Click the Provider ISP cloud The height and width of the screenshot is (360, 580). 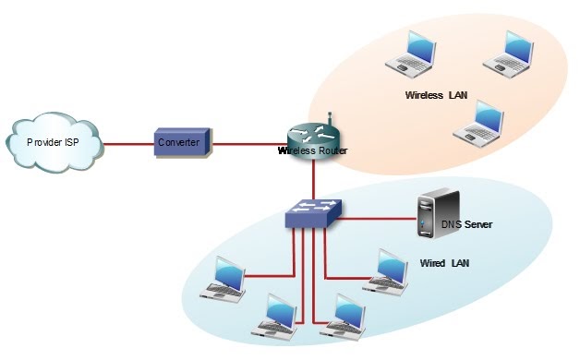(x=53, y=143)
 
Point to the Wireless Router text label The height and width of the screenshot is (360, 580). (x=314, y=150)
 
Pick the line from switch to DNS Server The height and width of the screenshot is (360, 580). (x=379, y=220)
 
